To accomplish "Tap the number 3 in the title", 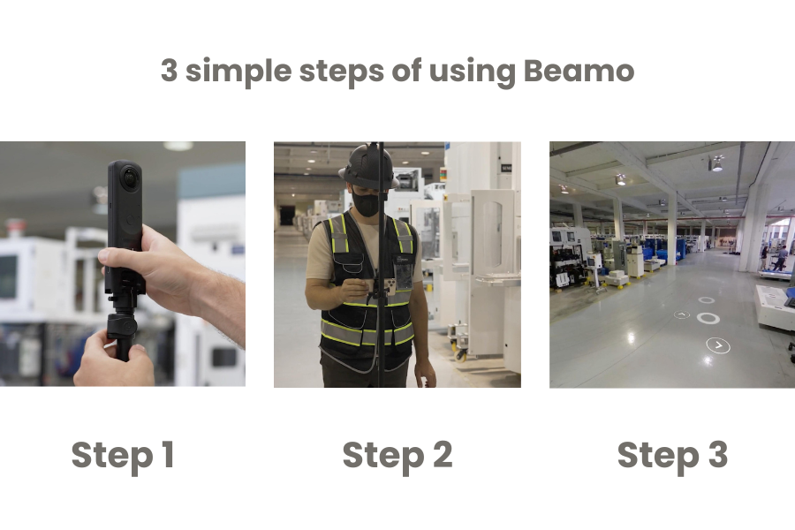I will point(169,71).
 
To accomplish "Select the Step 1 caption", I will point(123,456).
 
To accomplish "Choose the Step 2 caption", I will point(397,456).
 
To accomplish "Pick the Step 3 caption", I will point(672,456).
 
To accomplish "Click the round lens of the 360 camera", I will point(130,178).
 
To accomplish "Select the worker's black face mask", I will point(367,203).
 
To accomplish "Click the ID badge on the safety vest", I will point(402,275).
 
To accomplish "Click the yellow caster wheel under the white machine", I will point(460,354).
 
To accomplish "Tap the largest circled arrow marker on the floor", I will point(718,345).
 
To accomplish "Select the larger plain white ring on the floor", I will point(708,318).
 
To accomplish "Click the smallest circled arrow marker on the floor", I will point(682,314).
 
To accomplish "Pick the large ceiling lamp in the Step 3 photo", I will point(716,164).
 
